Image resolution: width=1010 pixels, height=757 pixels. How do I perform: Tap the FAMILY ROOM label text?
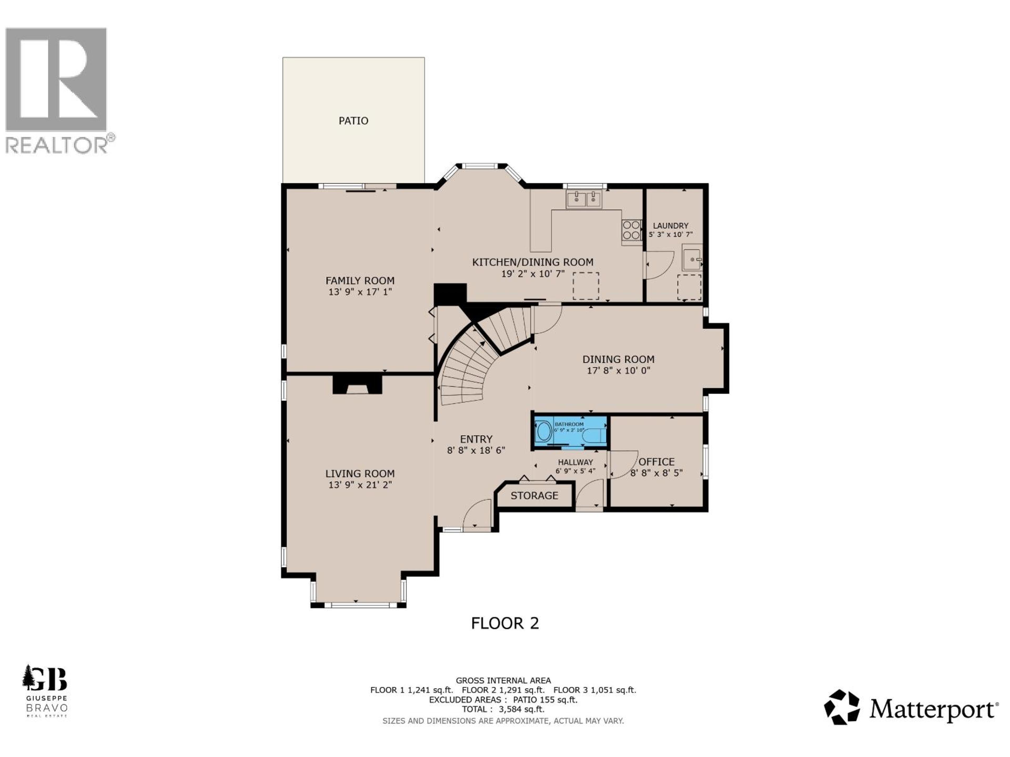[x=360, y=281]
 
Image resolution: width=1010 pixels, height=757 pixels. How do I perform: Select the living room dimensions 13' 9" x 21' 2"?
[x=360, y=485]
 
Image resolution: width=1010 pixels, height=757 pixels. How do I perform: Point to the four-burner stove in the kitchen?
[x=631, y=229]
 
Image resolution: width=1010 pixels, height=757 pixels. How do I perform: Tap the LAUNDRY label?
[x=670, y=226]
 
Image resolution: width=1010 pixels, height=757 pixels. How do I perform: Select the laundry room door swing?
[x=659, y=265]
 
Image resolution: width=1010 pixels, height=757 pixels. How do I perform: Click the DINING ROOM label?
[x=618, y=359]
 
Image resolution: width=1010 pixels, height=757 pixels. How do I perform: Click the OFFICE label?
[x=656, y=462]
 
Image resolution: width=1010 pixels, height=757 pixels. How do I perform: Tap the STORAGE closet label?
[x=534, y=495]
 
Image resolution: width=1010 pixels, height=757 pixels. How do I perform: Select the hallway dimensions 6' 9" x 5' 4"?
[x=575, y=471]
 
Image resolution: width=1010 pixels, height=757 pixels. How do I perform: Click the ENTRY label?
[x=476, y=439]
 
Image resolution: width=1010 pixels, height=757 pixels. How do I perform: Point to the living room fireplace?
[x=357, y=385]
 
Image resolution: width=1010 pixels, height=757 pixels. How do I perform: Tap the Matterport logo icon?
[x=841, y=707]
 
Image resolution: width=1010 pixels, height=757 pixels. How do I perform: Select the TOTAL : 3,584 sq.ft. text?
[x=503, y=709]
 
